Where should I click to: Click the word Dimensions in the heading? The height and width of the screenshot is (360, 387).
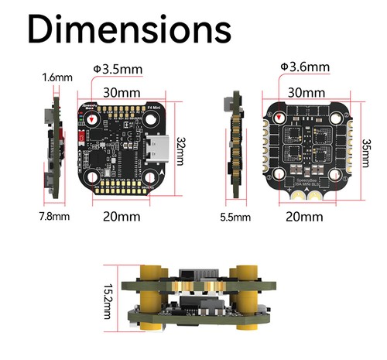pyautogui.click(x=128, y=30)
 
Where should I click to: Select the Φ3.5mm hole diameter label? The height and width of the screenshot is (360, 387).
pyautogui.click(x=117, y=70)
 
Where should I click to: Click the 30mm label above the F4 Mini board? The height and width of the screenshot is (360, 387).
pyautogui.click(x=122, y=92)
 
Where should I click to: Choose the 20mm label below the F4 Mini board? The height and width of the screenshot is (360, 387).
pyautogui.click(x=122, y=216)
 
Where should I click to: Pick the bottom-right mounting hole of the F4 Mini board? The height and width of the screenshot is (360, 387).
pyautogui.click(x=152, y=179)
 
